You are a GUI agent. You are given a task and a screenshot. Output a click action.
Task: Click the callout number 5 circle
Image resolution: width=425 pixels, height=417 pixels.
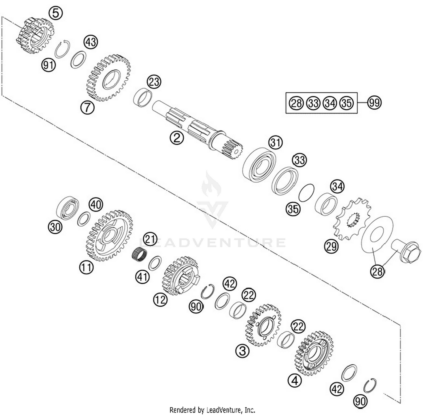[x=56, y=13]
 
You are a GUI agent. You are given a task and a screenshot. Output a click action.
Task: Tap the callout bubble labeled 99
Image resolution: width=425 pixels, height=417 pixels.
[x=374, y=102]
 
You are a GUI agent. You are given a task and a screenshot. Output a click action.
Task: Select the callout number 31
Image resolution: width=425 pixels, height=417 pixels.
[x=275, y=142]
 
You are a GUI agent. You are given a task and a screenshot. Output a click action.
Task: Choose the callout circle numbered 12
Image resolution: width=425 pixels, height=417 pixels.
[x=160, y=299]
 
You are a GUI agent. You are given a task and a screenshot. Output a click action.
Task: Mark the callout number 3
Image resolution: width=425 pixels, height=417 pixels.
[x=242, y=351]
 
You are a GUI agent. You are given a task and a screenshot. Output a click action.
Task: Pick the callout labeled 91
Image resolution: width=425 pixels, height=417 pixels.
[x=48, y=65]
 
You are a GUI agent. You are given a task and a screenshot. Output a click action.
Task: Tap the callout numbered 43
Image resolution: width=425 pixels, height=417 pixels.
[x=91, y=42]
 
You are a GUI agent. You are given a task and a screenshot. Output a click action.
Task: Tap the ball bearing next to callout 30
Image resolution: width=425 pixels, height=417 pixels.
[x=68, y=207]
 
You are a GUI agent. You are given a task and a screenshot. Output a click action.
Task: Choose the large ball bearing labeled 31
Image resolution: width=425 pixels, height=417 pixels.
[x=259, y=165]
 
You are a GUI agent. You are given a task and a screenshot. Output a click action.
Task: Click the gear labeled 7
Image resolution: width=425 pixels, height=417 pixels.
[x=108, y=78]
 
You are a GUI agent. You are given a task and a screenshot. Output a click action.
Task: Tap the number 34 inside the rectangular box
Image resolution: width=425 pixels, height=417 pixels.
[x=330, y=103]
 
